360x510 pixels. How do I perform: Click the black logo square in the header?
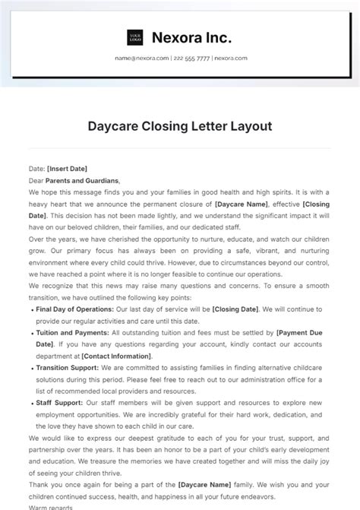135,37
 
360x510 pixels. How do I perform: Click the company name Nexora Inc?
192,37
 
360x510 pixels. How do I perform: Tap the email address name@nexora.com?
141,59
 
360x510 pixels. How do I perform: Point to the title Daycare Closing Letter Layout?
180,126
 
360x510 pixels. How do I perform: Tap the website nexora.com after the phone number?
229,59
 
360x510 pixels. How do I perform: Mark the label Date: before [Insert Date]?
36,168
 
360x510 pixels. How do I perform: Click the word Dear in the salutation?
36,181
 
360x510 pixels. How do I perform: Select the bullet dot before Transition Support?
30,368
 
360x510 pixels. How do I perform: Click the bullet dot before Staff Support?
30,403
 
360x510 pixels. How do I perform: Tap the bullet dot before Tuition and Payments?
30,333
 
